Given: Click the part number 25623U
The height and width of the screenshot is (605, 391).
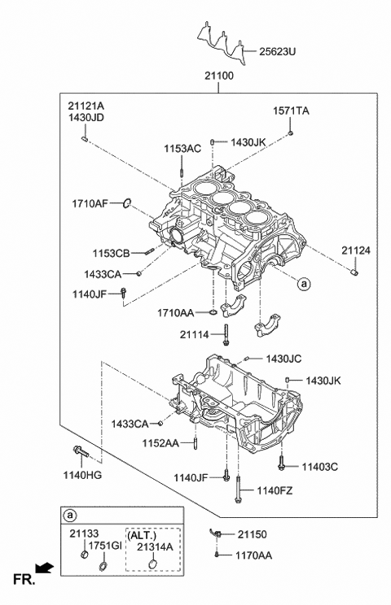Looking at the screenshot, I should tap(278, 51).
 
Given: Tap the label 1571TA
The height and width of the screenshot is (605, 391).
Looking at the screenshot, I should tap(291, 110).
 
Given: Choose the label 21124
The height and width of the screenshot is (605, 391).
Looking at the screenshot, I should tap(355, 250).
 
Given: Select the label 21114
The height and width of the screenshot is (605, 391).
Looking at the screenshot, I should tap(195, 333).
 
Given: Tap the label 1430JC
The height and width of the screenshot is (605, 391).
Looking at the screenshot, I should tap(283, 359).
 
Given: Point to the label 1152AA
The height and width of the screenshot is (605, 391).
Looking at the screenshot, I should tap(161, 443).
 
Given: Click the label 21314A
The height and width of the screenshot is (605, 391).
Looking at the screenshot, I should tap(154, 547).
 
